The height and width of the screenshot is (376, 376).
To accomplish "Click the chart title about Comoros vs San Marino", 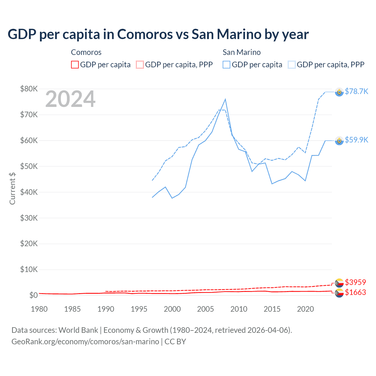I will click(x=158, y=34).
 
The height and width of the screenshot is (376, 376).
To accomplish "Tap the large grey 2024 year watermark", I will click(x=70, y=99).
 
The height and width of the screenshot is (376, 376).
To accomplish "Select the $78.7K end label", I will click(x=356, y=92).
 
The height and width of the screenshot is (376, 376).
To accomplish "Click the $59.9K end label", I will click(x=356, y=140).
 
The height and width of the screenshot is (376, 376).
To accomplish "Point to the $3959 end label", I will click(x=355, y=282).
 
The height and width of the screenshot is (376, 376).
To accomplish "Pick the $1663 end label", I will click(x=355, y=292).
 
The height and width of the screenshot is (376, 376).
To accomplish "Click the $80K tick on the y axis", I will click(x=29, y=89).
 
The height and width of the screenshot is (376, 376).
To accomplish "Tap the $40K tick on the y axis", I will click(x=29, y=192).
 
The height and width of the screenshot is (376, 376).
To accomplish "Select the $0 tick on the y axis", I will click(x=33, y=295).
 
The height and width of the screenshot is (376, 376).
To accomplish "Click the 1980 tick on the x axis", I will click(x=39, y=309).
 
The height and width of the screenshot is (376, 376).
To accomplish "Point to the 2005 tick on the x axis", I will click(x=205, y=309).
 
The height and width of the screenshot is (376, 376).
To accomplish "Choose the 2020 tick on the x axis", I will click(x=305, y=309).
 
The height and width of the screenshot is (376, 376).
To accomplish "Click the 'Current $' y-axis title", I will click(x=12, y=188).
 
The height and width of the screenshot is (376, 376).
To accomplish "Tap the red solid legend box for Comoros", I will click(x=75, y=65).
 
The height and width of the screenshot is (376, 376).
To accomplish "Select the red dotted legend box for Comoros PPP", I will click(x=140, y=65).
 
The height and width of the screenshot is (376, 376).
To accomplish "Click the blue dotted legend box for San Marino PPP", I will click(x=292, y=65).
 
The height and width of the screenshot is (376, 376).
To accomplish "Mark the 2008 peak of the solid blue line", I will click(x=225, y=99).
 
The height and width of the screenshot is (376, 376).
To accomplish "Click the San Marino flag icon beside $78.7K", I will click(x=339, y=92).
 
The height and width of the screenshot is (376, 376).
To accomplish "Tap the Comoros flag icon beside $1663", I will click(x=339, y=293).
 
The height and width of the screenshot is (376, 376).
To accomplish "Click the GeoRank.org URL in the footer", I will click(x=85, y=342).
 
